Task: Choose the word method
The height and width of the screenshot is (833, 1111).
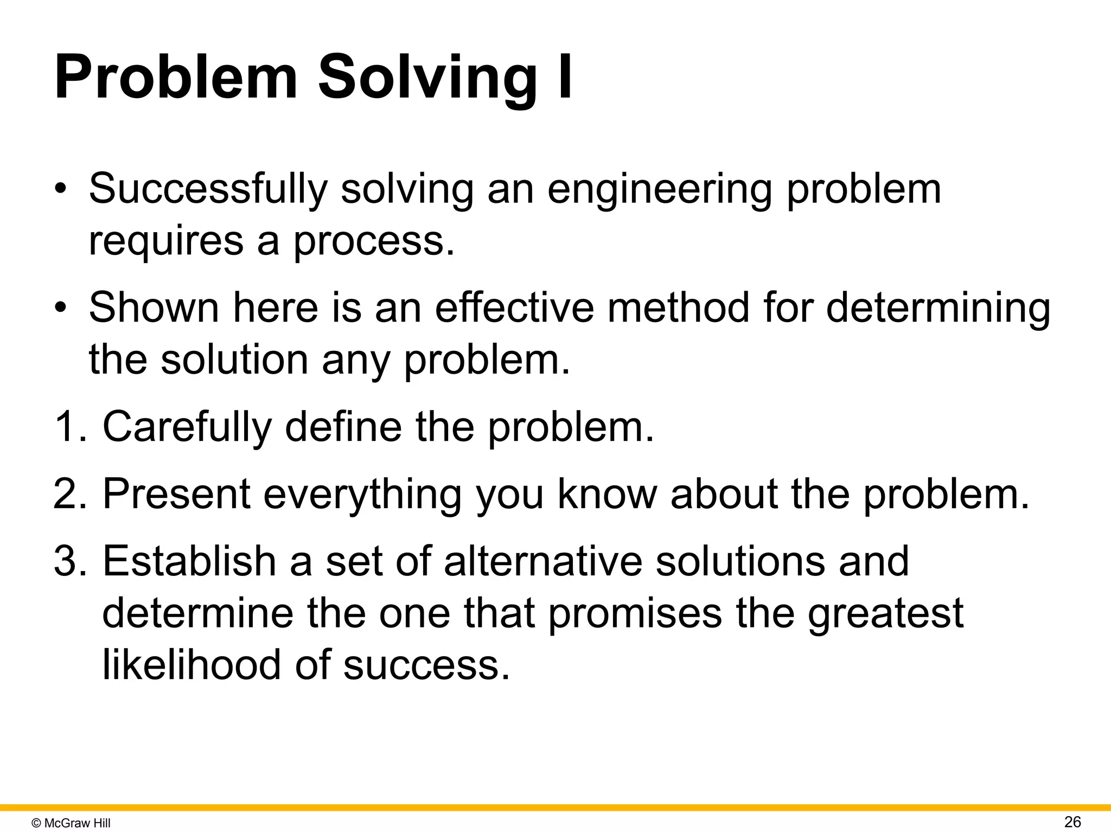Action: click(x=678, y=307)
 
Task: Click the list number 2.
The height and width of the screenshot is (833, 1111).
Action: click(x=69, y=494)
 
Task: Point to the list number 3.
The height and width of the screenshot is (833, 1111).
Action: click(x=69, y=561)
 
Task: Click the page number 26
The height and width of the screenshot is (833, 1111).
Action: click(x=1072, y=822)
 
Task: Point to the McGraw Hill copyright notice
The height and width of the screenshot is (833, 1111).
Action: click(x=71, y=823)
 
